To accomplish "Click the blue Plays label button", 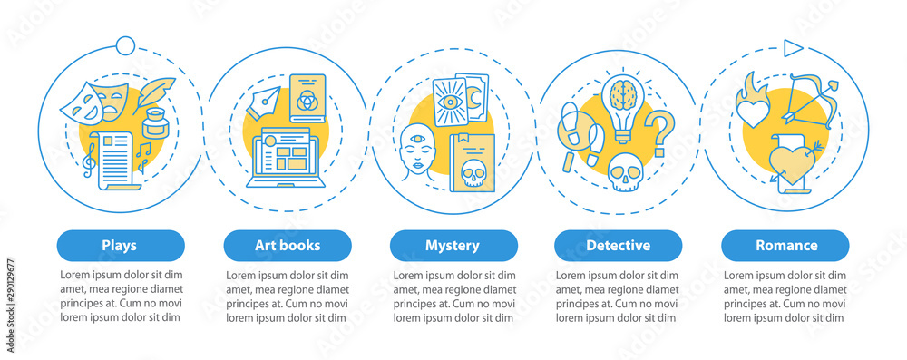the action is click(121, 245).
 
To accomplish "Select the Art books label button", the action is click(287, 245).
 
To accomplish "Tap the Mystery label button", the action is click(453, 245).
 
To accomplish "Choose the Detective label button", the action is click(619, 245).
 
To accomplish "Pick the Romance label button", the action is click(785, 245).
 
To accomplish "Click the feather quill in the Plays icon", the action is click(155, 93).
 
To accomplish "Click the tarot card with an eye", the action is click(451, 106).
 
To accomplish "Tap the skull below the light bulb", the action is click(623, 170).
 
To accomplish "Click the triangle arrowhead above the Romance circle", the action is click(792, 46).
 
